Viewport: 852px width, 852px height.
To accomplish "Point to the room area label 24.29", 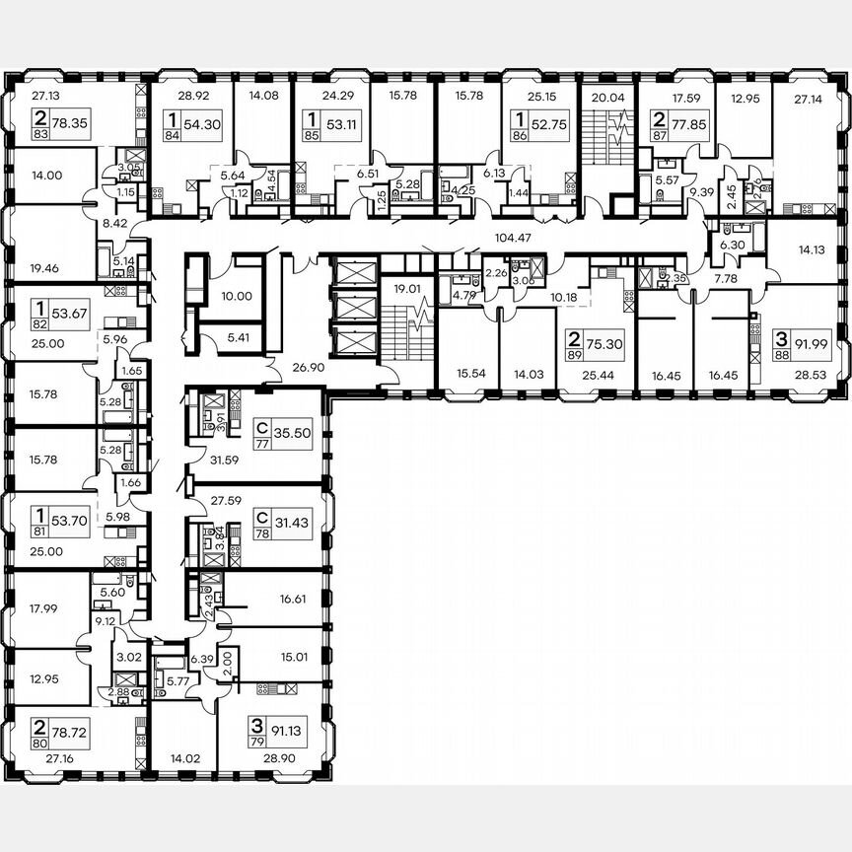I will point(312,96).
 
